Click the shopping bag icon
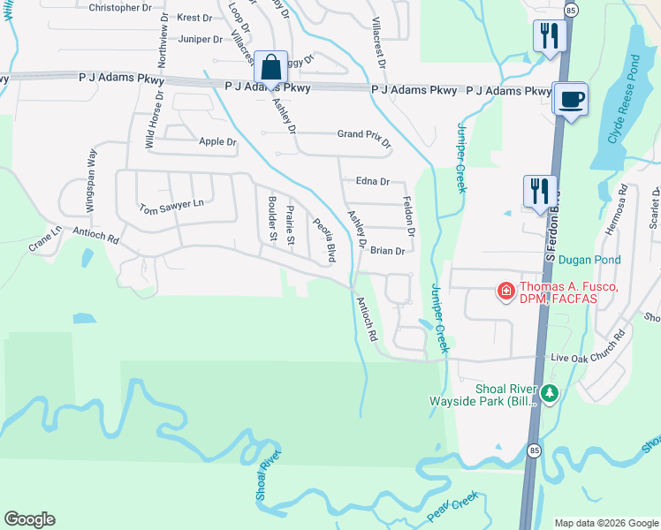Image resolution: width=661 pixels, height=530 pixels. [x=272, y=67]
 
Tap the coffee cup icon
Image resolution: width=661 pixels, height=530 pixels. [x=571, y=98]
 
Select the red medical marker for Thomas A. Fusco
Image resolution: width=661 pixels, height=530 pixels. [x=505, y=290]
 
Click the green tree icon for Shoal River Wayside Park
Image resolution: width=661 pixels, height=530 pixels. [x=551, y=393]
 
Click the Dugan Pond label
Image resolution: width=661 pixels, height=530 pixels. [x=589, y=260]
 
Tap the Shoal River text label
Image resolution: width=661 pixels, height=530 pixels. [x=268, y=477]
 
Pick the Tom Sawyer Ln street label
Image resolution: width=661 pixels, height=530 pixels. [x=171, y=207]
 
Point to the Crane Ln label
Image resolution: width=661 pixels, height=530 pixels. [x=45, y=241]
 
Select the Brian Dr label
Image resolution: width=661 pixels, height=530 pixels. [x=387, y=251]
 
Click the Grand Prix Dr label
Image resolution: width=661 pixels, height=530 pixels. [x=363, y=137]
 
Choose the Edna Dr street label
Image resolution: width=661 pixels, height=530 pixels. [x=372, y=181]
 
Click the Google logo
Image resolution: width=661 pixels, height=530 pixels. [x=29, y=519]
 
